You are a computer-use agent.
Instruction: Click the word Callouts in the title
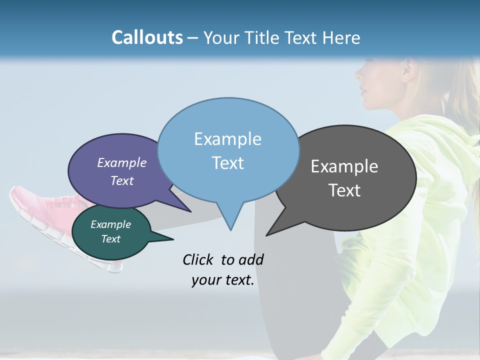(x=147, y=37)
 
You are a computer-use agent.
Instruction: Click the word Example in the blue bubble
(x=227, y=139)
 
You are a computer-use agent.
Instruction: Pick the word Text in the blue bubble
(x=227, y=163)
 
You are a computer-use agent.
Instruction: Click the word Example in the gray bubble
(x=344, y=166)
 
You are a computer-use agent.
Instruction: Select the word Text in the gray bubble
(x=344, y=190)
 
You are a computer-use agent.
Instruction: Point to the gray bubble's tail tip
(x=267, y=235)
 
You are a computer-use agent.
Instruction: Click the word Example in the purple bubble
(x=122, y=162)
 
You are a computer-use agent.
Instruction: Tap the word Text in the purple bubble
(x=122, y=181)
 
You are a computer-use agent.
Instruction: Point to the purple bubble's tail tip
(x=190, y=212)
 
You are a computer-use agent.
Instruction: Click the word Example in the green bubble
(x=110, y=224)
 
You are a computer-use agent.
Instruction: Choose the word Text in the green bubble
(x=110, y=239)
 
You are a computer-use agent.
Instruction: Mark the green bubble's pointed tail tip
(x=173, y=239)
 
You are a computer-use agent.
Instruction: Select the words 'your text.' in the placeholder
(x=223, y=280)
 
